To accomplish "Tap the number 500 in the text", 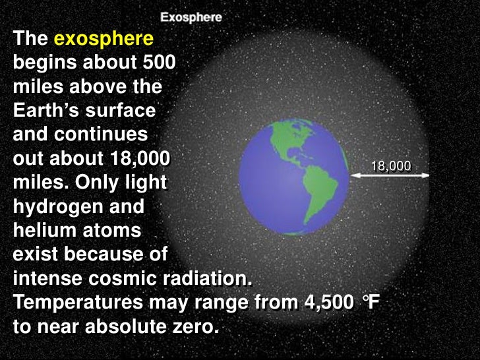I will coord(158,63).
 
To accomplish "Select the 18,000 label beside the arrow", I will coord(390,166).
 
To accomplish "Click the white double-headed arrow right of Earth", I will coord(389,175).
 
